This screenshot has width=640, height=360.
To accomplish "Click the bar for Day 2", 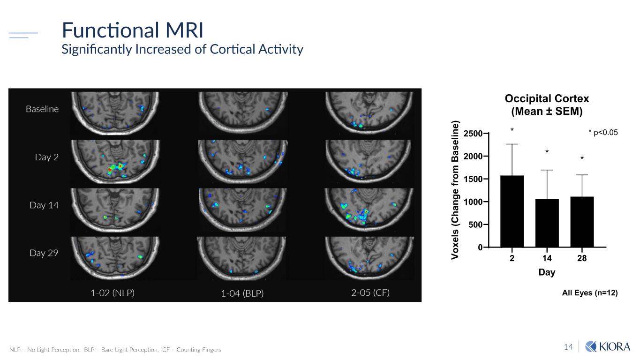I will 512,211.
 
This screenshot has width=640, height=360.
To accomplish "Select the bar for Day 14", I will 547,223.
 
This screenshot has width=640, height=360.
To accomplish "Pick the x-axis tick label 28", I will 582,258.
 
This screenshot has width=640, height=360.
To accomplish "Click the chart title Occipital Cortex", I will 547,99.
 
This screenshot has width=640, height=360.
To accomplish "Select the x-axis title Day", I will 547,272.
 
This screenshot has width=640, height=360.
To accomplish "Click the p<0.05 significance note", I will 603,133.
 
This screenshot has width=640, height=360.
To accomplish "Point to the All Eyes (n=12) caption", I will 589,293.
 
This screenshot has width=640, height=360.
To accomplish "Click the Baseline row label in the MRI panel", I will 42,109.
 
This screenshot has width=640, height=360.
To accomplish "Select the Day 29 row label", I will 44,253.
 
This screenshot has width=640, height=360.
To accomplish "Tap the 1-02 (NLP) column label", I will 112,293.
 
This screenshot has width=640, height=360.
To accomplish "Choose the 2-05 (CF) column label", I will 370,293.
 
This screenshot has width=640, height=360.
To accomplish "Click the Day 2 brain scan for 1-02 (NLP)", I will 115,161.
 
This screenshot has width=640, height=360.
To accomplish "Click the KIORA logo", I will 608,347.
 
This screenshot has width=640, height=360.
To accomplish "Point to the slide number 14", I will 568,347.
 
